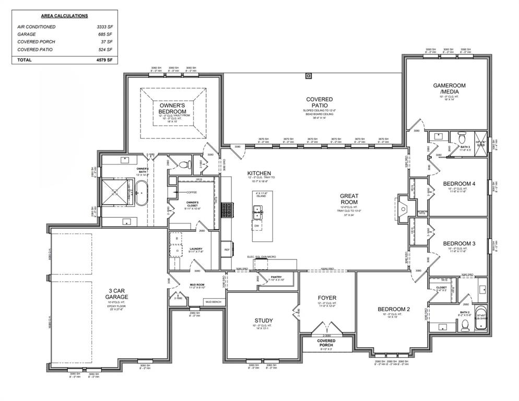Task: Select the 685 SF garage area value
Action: tap(106, 34)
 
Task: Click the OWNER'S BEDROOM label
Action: tap(173, 108)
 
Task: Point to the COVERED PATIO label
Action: tap(319, 102)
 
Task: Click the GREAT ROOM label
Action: tap(349, 198)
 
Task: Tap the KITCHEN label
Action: tap(259, 173)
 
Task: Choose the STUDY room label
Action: tap(264, 321)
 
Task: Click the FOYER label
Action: tap(327, 298)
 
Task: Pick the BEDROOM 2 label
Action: tap(394, 309)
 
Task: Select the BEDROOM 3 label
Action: tap(459, 243)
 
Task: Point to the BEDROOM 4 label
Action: tap(459, 184)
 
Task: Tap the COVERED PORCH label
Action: tap(327, 343)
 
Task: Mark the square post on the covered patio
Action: tap(308, 76)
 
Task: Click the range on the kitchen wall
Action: tap(227, 210)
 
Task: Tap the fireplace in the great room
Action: tap(402, 206)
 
